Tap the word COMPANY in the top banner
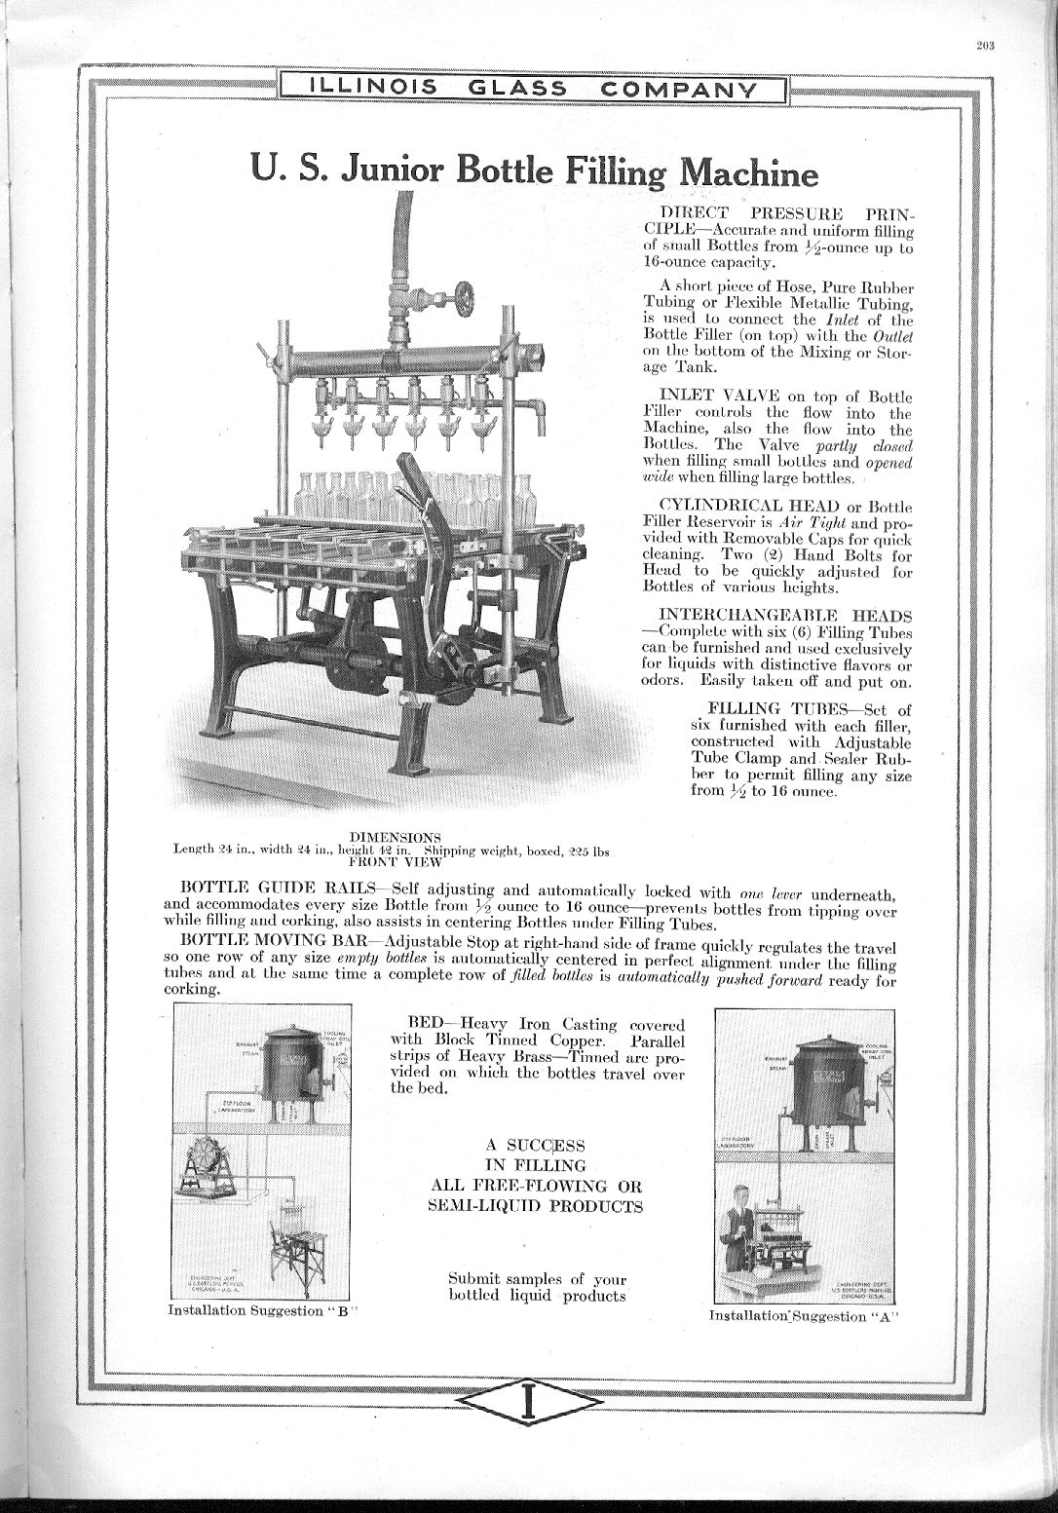(x=680, y=89)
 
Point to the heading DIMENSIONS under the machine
(x=396, y=837)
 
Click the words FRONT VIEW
(x=396, y=861)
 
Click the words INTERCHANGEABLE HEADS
(x=785, y=616)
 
